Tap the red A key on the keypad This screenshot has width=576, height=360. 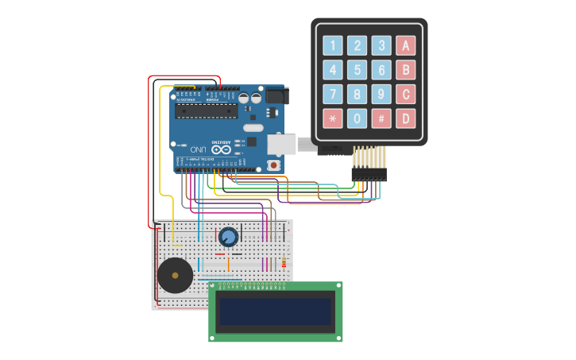point(405,46)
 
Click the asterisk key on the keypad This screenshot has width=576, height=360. point(333,119)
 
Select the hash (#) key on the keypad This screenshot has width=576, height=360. point(381,119)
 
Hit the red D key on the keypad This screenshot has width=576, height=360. point(405,119)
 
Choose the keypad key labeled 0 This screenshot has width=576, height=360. point(358,119)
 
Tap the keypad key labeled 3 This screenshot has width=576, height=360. point(381,46)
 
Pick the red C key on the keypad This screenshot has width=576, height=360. point(405,95)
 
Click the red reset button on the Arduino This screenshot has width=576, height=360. point(274,165)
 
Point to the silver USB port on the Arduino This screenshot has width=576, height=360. point(281,144)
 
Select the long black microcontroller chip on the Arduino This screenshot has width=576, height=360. point(206,110)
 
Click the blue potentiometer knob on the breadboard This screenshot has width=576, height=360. point(228,237)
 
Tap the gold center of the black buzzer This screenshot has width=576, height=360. point(175,275)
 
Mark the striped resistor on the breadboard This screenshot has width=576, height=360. point(284,263)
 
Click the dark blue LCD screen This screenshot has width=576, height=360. point(275,311)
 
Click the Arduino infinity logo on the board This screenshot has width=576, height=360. point(224,149)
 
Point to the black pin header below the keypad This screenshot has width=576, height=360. point(369,174)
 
